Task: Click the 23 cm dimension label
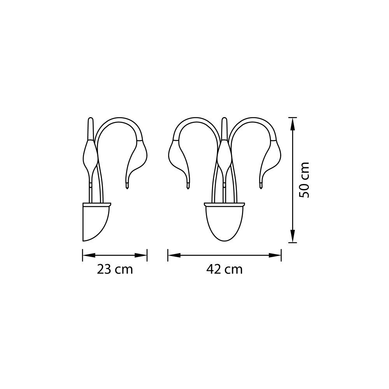tap(115, 269)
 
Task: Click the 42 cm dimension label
tap(224, 269)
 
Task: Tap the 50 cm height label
tap(304, 180)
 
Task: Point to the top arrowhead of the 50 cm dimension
tap(293, 124)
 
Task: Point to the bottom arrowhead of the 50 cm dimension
tap(293, 236)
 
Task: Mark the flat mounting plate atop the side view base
tap(97, 204)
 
